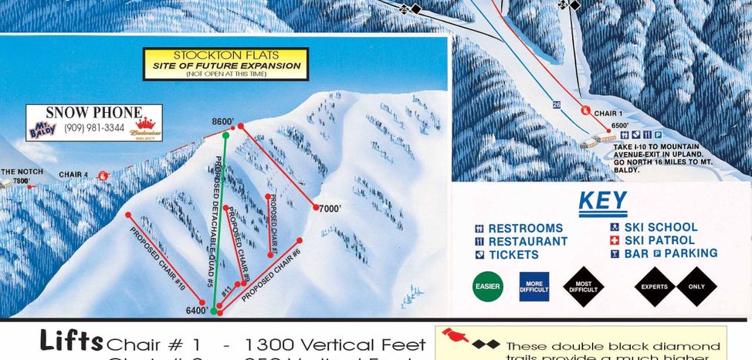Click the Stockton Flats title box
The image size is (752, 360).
(225, 64)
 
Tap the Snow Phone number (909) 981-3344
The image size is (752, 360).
(94, 127)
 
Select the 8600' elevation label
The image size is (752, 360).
(222, 121)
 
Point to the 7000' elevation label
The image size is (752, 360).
(330, 209)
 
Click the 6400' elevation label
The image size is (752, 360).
(196, 311)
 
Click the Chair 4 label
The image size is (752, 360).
(73, 175)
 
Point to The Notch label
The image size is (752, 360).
(18, 172)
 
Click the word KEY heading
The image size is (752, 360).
(603, 201)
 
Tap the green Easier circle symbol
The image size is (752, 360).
(488, 287)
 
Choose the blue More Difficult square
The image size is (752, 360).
(534, 287)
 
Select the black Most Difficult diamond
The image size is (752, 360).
(583, 287)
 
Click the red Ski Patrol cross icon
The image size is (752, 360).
(615, 240)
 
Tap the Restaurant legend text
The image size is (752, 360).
(527, 241)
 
